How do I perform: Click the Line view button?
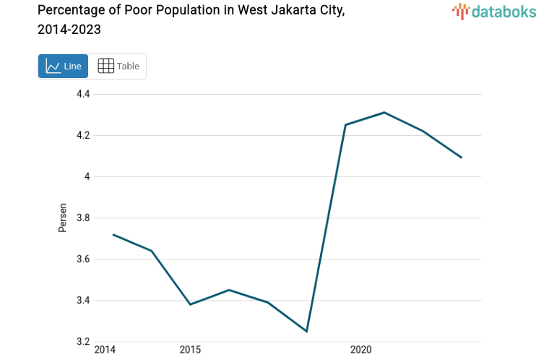(63, 67)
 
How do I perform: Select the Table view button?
(118, 67)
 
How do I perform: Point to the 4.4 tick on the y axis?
(83, 94)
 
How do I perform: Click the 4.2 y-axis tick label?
(83, 135)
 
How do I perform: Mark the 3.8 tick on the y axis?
(83, 218)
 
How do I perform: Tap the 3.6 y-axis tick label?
(83, 259)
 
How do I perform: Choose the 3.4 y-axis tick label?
(83, 300)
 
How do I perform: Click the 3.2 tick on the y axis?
(83, 341)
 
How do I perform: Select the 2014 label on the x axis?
(105, 351)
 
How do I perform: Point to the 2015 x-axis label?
(190, 351)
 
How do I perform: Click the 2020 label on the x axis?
(360, 351)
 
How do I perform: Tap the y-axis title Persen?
(62, 218)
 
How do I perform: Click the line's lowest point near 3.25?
(307, 331)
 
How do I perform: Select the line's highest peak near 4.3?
(384, 112)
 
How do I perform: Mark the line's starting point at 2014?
(113, 234)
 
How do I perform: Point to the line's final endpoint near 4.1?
(461, 158)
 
